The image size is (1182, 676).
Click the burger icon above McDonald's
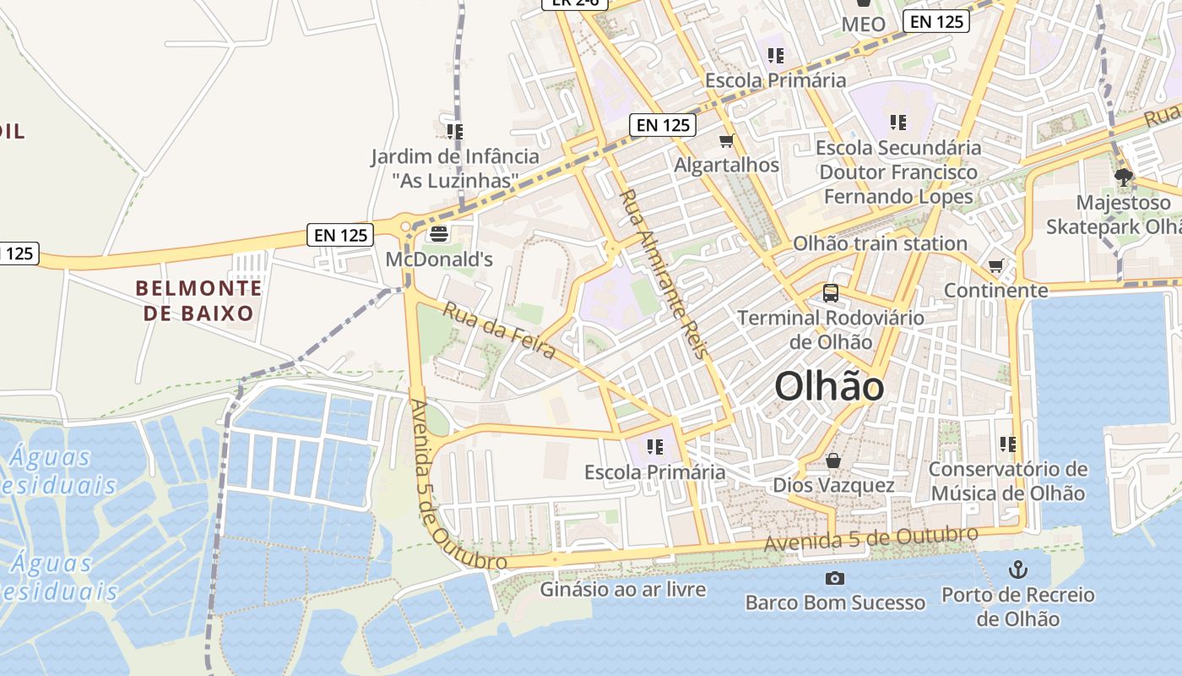438,233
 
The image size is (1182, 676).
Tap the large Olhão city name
829,387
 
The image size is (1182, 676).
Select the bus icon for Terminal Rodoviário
831,293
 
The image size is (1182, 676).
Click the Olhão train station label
880,243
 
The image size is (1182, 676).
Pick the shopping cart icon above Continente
996,266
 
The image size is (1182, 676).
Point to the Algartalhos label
726,165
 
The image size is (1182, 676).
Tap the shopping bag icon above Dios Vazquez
833,461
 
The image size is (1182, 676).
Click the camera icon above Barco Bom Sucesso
835,578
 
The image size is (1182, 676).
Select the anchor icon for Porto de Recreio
1017,569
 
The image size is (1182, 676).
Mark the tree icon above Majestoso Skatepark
1123,177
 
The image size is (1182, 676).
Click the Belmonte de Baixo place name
198,301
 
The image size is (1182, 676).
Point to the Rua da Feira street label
499,330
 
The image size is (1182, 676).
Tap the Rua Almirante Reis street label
663,274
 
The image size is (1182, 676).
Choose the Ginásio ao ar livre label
623,589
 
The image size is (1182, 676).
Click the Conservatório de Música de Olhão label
1007,481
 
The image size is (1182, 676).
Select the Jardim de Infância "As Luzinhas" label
455,168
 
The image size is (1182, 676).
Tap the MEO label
864,25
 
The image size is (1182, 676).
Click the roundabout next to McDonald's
405,226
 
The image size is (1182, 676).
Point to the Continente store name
996,291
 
